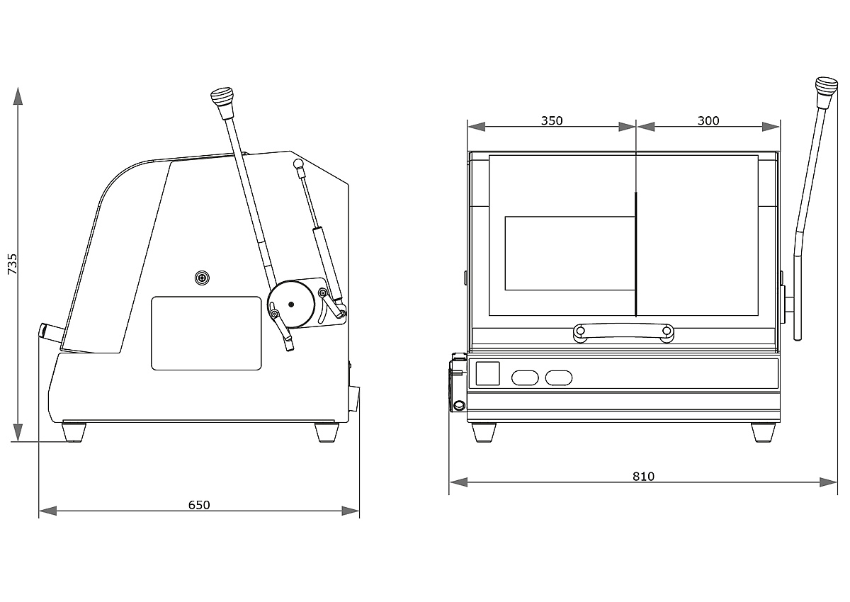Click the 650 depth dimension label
click(x=199, y=505)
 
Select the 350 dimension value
click(x=552, y=120)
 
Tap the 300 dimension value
click(x=708, y=120)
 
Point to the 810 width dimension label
click(x=643, y=476)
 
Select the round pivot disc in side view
click(x=291, y=305)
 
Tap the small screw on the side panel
click(x=203, y=278)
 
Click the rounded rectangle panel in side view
click(x=206, y=333)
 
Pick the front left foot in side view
click(x=74, y=431)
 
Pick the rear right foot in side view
click(x=326, y=431)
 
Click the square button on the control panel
click(x=487, y=373)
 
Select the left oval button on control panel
click(x=525, y=378)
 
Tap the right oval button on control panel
click(x=559, y=378)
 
